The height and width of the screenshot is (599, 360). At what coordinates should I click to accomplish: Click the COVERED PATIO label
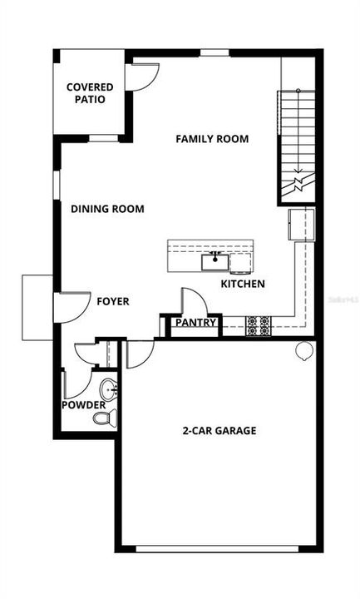[x=90, y=92]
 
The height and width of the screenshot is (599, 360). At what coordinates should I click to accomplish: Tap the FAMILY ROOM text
[x=212, y=139]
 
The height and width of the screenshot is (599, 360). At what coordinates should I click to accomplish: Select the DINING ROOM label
[x=107, y=209]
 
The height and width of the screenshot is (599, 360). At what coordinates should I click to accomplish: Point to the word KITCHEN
[x=243, y=285]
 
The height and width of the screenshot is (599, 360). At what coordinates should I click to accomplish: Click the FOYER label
[x=113, y=301]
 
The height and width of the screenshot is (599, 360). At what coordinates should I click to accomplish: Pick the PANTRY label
[x=195, y=323]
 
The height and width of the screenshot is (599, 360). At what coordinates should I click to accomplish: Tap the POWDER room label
[x=84, y=405]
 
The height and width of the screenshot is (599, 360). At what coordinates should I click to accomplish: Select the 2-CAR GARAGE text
[x=219, y=431]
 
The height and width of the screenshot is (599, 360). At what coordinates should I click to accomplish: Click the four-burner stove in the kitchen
[x=258, y=325]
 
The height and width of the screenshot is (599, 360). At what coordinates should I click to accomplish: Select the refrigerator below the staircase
[x=301, y=225]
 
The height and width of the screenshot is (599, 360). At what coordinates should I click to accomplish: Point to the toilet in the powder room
[x=103, y=417]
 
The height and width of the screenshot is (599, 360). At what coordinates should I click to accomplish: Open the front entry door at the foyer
[x=73, y=307]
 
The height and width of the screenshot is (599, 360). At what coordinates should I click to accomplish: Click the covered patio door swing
[x=141, y=76]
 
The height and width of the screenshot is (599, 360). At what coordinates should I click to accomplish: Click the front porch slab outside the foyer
[x=37, y=307]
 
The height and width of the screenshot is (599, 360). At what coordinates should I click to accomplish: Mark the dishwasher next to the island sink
[x=240, y=264]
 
